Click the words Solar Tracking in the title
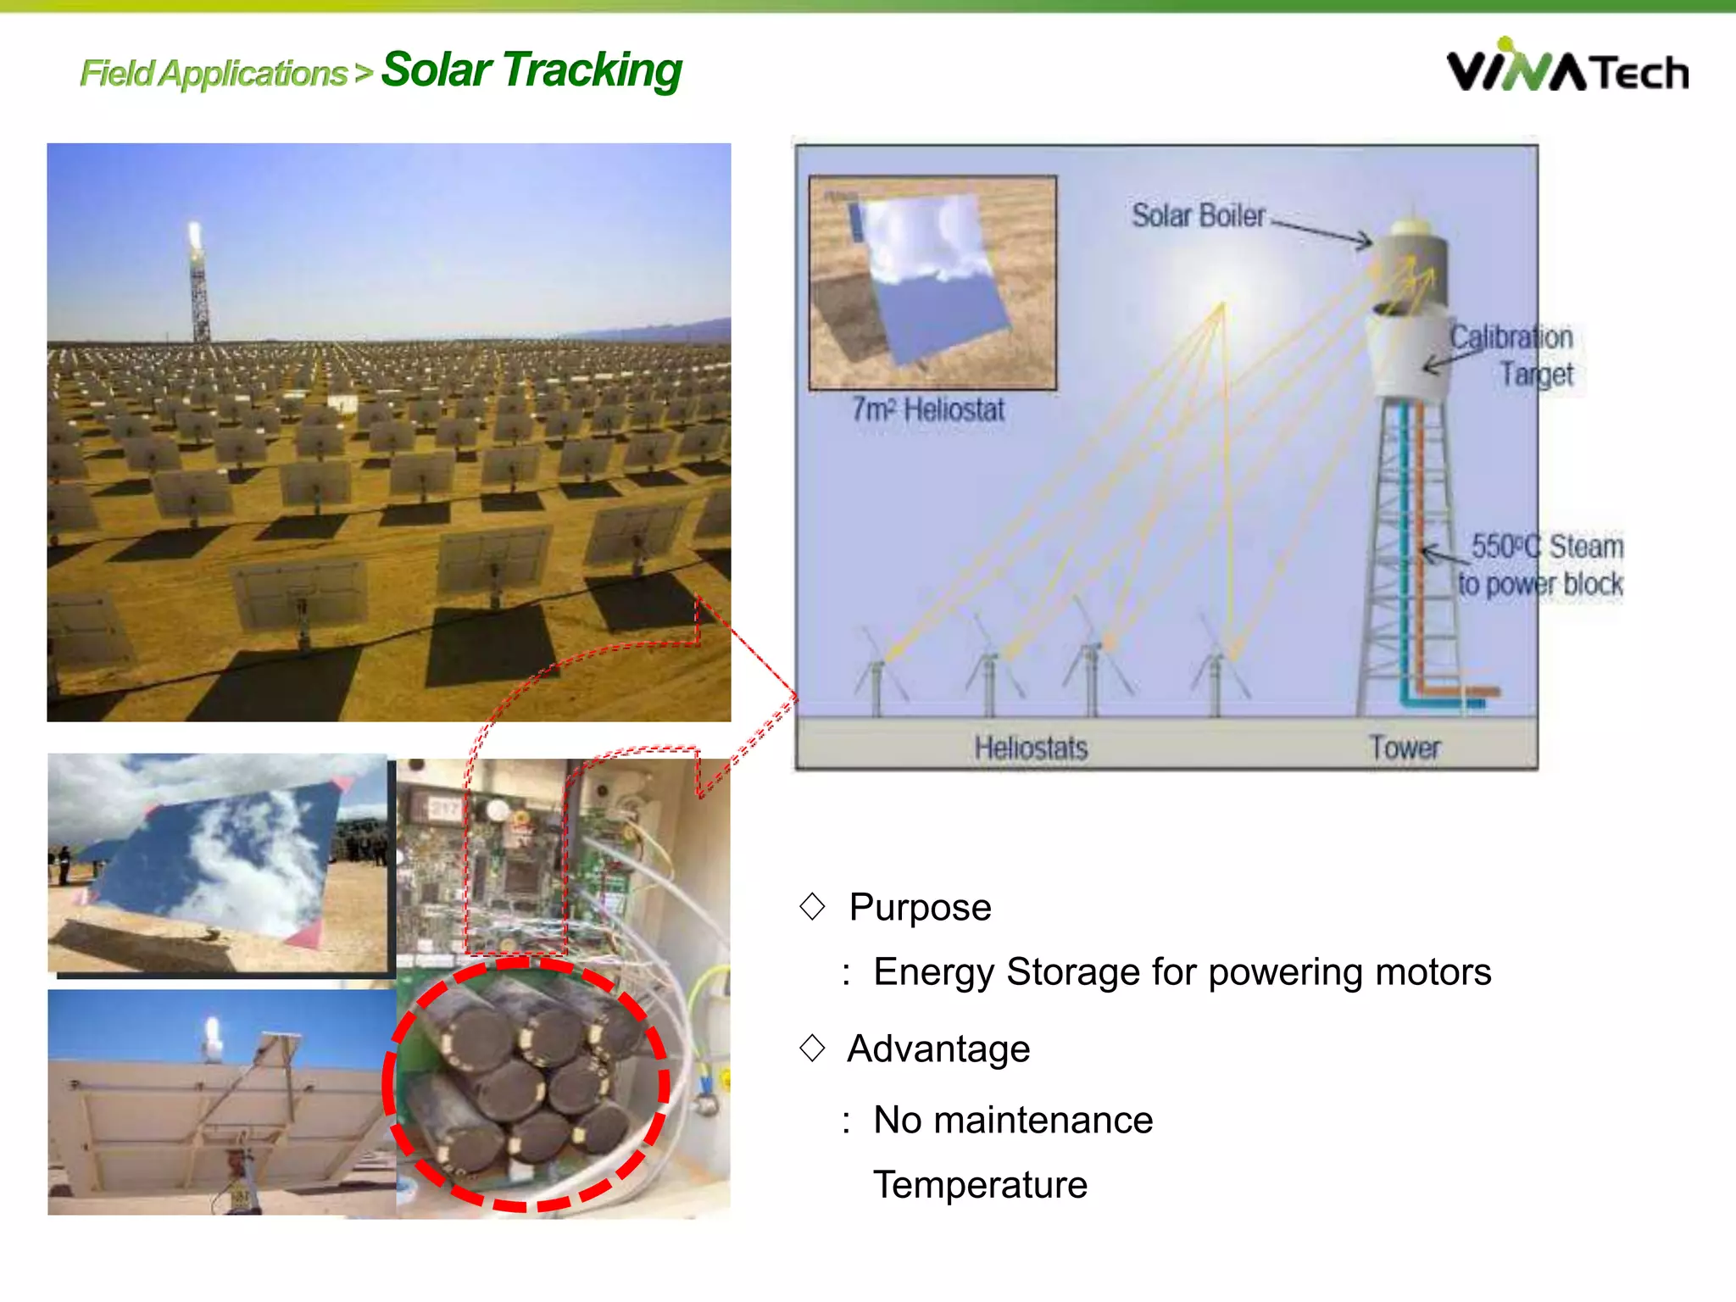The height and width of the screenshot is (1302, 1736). (x=531, y=70)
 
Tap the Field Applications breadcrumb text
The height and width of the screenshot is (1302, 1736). (x=214, y=74)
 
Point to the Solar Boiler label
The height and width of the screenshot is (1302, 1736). (x=1198, y=215)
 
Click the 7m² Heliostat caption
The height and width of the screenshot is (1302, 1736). (x=928, y=410)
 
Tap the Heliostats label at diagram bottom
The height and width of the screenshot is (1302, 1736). (x=1031, y=748)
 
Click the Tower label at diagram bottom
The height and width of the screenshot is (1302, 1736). (x=1405, y=748)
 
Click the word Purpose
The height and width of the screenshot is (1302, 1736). (x=920, y=907)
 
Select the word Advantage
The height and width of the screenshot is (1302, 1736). (x=938, y=1049)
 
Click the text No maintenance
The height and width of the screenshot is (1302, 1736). (x=1013, y=1120)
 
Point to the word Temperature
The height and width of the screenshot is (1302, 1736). (x=980, y=1184)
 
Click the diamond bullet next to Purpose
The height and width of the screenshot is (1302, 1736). (x=812, y=906)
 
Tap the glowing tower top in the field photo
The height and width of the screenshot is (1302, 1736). (x=195, y=235)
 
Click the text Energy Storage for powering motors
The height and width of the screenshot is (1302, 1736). (x=1182, y=971)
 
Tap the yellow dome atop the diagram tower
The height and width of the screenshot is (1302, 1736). (x=1411, y=225)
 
